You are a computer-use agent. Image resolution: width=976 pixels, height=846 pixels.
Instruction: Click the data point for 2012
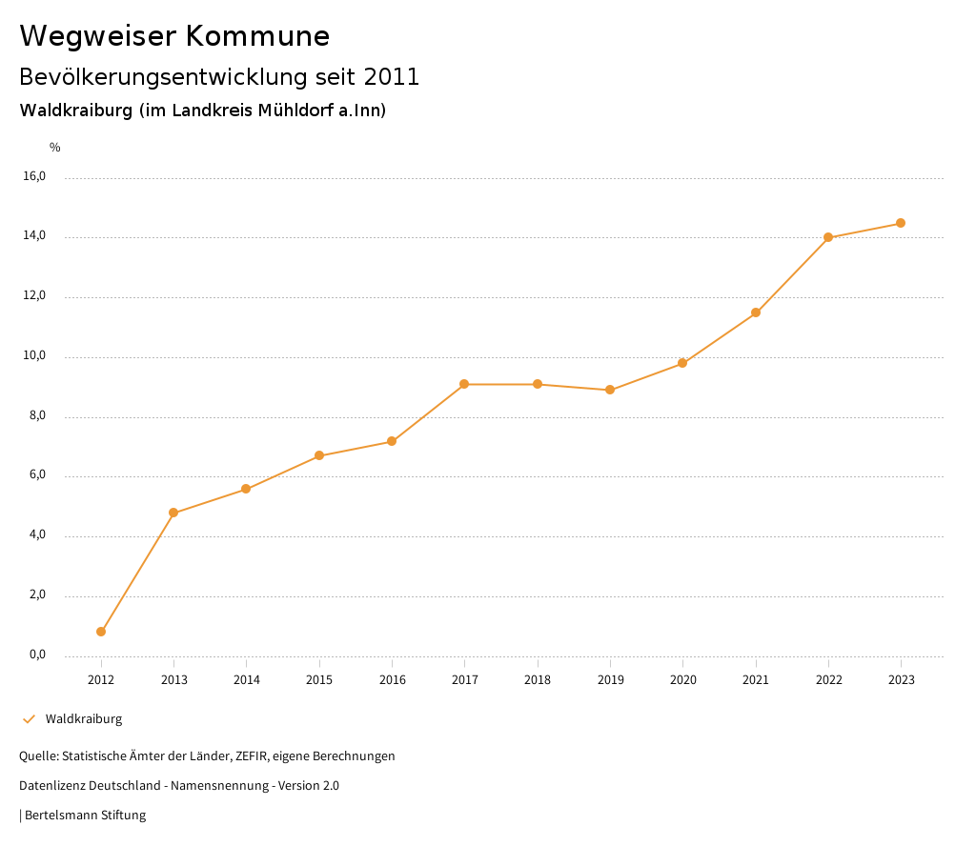tap(101, 632)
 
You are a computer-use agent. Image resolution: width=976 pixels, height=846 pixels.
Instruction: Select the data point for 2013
tap(173, 513)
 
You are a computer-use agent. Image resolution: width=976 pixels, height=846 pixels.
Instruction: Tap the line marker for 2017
tap(464, 384)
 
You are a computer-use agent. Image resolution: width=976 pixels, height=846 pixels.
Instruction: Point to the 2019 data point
tap(610, 390)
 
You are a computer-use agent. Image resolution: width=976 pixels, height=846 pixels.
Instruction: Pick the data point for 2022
tap(828, 237)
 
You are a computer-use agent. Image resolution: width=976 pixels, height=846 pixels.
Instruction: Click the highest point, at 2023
tap(901, 223)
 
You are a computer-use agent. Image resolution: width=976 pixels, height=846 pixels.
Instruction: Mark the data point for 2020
tap(682, 363)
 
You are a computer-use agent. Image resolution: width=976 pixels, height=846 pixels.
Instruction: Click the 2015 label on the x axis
tap(319, 680)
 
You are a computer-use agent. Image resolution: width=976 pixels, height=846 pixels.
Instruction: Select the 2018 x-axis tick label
tap(538, 680)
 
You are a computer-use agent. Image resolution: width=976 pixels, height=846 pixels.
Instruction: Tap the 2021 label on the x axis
tap(756, 680)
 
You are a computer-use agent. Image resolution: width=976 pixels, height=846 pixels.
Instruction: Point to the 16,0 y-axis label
tap(34, 176)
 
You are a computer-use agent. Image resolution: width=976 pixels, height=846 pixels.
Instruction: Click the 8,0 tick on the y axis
tap(36, 416)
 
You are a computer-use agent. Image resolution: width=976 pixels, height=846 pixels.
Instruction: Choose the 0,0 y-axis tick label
tap(36, 655)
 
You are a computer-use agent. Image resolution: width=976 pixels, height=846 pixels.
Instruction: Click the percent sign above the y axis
tap(55, 148)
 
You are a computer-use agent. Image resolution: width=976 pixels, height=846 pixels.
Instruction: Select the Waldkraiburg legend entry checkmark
tap(29, 719)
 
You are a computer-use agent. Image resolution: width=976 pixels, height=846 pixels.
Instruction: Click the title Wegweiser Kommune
tap(174, 36)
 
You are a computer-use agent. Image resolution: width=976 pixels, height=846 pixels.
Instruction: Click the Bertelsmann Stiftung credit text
tap(85, 816)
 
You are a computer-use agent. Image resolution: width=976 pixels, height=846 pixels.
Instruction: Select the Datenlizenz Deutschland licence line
tap(179, 786)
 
